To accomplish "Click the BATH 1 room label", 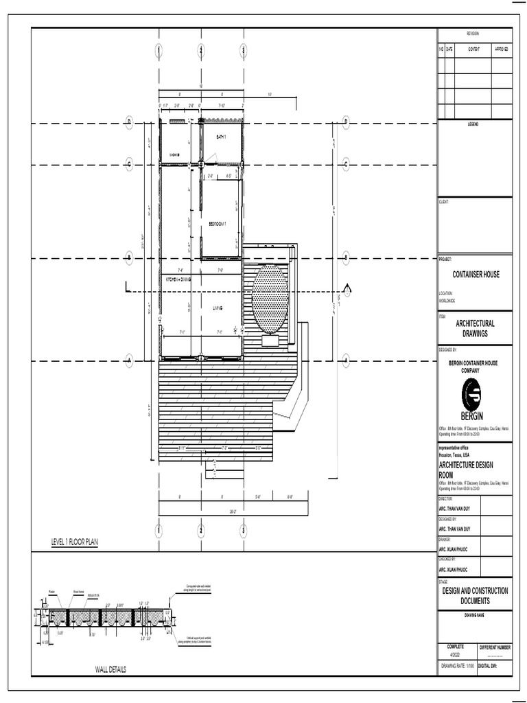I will point(221,137).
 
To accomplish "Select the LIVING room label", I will point(218,308).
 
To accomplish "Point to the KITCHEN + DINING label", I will point(178,280).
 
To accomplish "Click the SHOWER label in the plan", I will point(174,155).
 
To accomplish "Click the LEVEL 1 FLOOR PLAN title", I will point(75,542).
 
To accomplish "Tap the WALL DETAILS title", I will point(110,669).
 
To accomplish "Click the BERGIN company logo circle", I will point(471,394).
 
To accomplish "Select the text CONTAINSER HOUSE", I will point(475,275).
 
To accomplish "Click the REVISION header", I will point(473,34).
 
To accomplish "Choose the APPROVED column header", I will point(502,50).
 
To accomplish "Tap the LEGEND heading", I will point(473,124).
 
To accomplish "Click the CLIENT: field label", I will point(443,202).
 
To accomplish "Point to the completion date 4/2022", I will point(456,654).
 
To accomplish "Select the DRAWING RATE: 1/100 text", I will point(456,666).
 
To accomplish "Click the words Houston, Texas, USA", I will point(454,455).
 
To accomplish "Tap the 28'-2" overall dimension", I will point(201,511).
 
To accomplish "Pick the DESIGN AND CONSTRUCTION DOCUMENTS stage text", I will point(475,595).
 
